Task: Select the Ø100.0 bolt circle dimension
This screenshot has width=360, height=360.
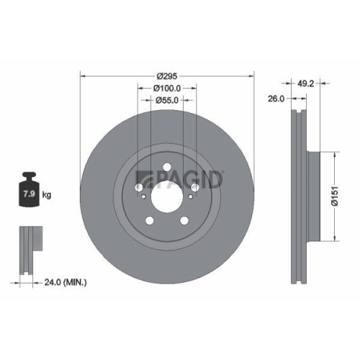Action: [x=167, y=88]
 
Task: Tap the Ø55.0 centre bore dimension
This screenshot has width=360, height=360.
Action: [x=167, y=102]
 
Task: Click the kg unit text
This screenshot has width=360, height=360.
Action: [x=46, y=194]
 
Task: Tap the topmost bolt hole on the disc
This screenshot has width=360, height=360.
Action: [x=167, y=169]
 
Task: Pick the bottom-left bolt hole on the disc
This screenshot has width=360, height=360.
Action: [x=151, y=220]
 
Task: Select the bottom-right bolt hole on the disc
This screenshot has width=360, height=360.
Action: [x=184, y=220]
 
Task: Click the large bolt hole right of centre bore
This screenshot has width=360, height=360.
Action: [x=194, y=186]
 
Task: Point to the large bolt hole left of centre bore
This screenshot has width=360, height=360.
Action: [x=140, y=186]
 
